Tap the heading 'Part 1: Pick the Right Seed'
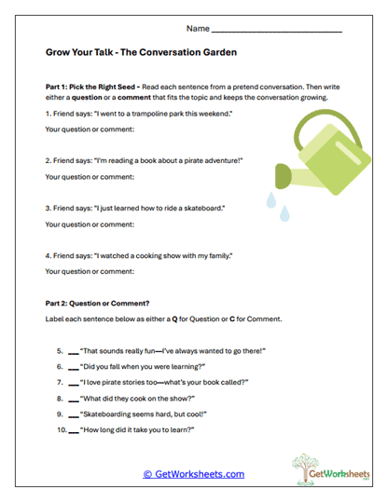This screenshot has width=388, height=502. [92, 86]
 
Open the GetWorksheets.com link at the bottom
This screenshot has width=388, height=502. [193, 474]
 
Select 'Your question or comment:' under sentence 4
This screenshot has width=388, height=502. [90, 271]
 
